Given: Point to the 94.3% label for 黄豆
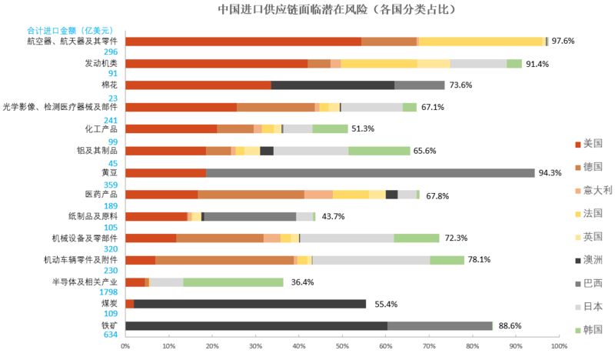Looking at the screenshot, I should (550, 173).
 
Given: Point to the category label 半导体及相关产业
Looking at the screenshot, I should (84, 282).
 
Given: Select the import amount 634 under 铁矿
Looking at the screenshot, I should (110, 335).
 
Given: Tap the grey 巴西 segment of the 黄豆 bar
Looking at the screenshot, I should (369, 173).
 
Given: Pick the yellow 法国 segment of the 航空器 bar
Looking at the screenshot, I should (480, 42).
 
